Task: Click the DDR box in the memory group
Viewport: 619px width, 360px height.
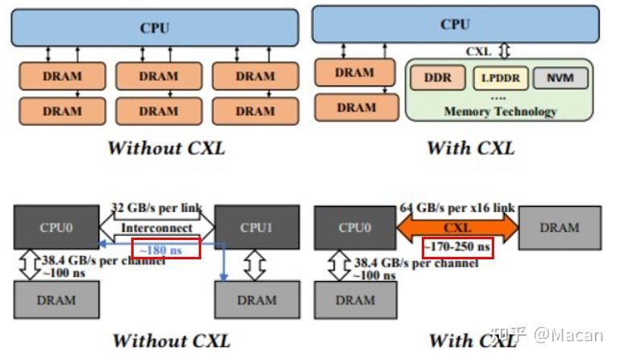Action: [437, 78]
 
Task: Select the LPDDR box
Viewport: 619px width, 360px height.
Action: [501, 78]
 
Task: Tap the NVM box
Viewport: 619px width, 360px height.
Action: [560, 78]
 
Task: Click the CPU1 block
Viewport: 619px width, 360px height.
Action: [257, 227]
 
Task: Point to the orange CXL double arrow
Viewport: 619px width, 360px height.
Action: [457, 228]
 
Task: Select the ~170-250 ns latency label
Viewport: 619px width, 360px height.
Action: [457, 247]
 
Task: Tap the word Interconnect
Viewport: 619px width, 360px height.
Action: [157, 228]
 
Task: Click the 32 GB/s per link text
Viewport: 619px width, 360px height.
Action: [157, 208]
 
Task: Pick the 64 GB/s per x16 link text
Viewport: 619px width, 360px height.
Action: [457, 208]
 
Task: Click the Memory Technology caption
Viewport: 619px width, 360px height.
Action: [500, 111]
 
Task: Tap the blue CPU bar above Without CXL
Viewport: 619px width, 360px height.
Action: [155, 27]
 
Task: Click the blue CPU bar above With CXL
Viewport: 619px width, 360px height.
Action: [456, 24]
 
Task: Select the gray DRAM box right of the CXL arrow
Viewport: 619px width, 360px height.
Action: [559, 228]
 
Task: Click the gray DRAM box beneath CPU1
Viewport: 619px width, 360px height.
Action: [257, 300]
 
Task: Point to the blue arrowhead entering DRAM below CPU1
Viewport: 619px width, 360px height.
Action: [224, 277]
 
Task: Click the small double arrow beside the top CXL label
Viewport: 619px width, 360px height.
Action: [505, 51]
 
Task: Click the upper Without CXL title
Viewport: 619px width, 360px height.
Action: [166, 148]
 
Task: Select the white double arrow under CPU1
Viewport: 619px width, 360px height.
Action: [255, 265]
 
